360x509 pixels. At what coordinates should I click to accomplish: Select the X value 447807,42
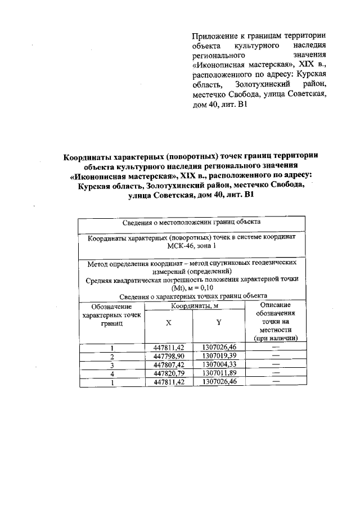(x=169, y=364)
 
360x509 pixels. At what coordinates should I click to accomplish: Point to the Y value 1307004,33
(x=219, y=364)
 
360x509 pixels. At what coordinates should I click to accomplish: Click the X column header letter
(x=169, y=324)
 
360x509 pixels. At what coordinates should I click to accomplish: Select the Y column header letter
(x=219, y=323)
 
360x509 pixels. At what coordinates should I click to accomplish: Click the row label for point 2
(x=112, y=357)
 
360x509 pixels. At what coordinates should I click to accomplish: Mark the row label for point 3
(x=112, y=364)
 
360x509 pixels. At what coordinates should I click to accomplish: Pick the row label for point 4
(x=112, y=373)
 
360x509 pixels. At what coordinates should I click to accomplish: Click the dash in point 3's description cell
(x=276, y=364)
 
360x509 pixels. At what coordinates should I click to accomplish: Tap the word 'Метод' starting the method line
(x=98, y=263)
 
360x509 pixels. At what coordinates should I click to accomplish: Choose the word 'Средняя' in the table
(x=100, y=279)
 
